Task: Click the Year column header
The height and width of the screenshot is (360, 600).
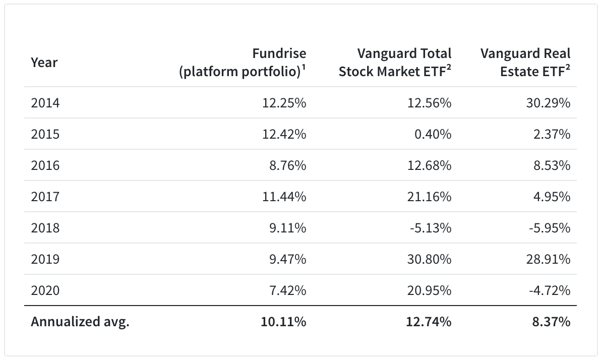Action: [x=44, y=63]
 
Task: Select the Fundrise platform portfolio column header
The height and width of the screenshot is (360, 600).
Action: [x=243, y=63]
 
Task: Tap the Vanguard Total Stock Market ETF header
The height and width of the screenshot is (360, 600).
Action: [x=395, y=63]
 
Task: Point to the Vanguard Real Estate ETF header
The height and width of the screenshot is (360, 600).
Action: [x=525, y=63]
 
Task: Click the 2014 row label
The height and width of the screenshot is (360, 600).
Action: [x=45, y=103]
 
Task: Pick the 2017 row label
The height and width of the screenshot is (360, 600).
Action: [x=45, y=197]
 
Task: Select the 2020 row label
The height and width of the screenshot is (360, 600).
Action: [x=45, y=290]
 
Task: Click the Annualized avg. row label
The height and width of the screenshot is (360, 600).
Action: [x=80, y=322]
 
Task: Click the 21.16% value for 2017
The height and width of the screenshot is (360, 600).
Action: [x=429, y=197]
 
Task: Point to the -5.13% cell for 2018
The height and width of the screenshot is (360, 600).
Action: [x=430, y=228]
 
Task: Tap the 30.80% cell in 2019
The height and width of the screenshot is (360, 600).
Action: [x=429, y=259]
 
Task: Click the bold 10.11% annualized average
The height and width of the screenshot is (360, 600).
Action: [x=284, y=322]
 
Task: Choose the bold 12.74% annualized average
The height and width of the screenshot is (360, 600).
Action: [x=429, y=322]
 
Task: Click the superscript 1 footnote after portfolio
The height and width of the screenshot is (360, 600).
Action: [x=304, y=68]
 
